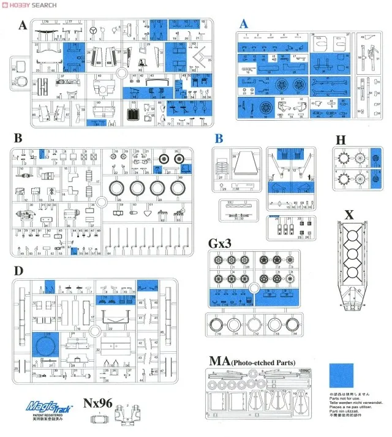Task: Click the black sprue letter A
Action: tap(23, 25)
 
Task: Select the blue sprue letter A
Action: tap(244, 24)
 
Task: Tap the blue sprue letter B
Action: tap(219, 139)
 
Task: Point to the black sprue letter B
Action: tap(18, 139)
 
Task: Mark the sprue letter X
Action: tap(349, 215)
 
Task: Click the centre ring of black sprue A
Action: tap(121, 74)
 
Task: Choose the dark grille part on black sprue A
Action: tap(134, 114)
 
